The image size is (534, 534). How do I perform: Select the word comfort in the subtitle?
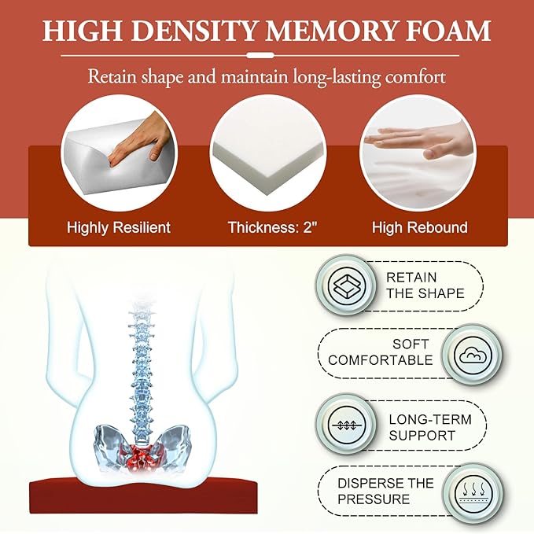[x=415, y=76]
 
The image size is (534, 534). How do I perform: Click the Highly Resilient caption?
[x=119, y=227]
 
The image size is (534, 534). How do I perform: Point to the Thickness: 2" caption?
[x=272, y=227]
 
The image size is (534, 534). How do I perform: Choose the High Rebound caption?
[x=420, y=227]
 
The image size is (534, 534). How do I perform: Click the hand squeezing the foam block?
[x=140, y=140]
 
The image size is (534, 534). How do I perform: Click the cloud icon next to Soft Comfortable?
[x=473, y=355]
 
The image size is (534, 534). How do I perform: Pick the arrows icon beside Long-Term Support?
[x=346, y=425]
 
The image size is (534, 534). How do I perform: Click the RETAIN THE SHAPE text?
[x=425, y=285]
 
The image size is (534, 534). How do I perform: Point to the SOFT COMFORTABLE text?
[x=380, y=352]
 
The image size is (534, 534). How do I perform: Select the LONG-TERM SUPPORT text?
[x=430, y=427]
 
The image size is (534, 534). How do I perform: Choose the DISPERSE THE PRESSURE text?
[x=385, y=491]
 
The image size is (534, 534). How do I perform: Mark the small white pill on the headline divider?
[x=260, y=55]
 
